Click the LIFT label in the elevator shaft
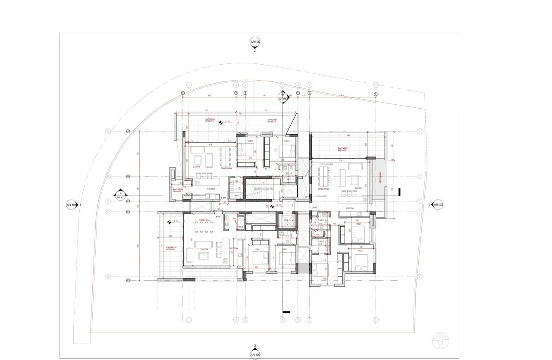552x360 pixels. click(x=287, y=220)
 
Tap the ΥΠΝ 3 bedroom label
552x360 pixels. click(x=324, y=279)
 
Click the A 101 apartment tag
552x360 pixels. click(x=219, y=216)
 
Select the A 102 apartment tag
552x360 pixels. click(x=223, y=197)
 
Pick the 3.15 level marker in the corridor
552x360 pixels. click(x=279, y=206)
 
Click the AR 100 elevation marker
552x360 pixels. click(x=72, y=205)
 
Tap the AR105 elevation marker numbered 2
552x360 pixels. click(x=255, y=42)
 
